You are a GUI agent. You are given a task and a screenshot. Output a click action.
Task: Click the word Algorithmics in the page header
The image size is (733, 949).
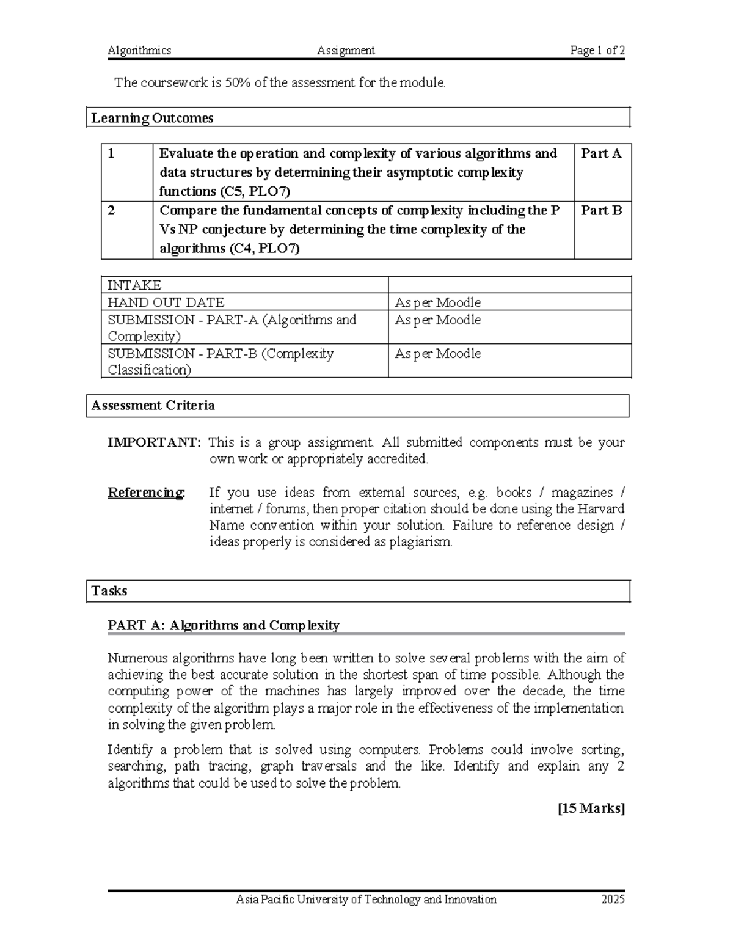click(139, 51)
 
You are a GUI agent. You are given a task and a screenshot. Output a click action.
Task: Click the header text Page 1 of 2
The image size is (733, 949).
click(597, 51)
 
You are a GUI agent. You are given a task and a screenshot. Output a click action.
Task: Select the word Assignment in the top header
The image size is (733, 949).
click(346, 51)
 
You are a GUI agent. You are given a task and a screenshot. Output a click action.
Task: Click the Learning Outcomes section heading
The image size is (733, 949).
click(152, 118)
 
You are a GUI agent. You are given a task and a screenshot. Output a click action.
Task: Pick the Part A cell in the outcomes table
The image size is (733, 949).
click(601, 154)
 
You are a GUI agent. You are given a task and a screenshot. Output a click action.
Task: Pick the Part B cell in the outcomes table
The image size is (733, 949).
click(601, 211)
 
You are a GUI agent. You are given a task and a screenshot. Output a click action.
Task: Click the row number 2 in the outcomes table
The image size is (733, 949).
click(111, 211)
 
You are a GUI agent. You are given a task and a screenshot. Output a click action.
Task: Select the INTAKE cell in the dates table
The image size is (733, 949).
click(134, 285)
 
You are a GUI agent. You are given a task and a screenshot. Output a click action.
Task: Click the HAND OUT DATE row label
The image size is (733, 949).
click(166, 302)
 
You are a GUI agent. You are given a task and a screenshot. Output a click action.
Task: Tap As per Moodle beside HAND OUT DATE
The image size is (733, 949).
click(437, 302)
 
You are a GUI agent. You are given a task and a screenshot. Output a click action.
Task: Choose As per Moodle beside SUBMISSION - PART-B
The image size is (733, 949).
click(437, 354)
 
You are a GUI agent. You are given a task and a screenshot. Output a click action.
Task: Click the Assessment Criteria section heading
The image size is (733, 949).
click(153, 406)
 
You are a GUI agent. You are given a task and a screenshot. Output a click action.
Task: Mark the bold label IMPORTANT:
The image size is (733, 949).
click(154, 442)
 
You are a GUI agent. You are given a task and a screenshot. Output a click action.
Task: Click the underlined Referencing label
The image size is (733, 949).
click(146, 493)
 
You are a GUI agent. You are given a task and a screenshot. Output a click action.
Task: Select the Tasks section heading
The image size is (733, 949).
click(109, 591)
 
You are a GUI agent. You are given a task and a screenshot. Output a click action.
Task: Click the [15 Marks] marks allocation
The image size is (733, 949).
click(591, 808)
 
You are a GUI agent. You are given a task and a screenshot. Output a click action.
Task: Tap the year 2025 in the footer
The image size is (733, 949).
click(613, 900)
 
